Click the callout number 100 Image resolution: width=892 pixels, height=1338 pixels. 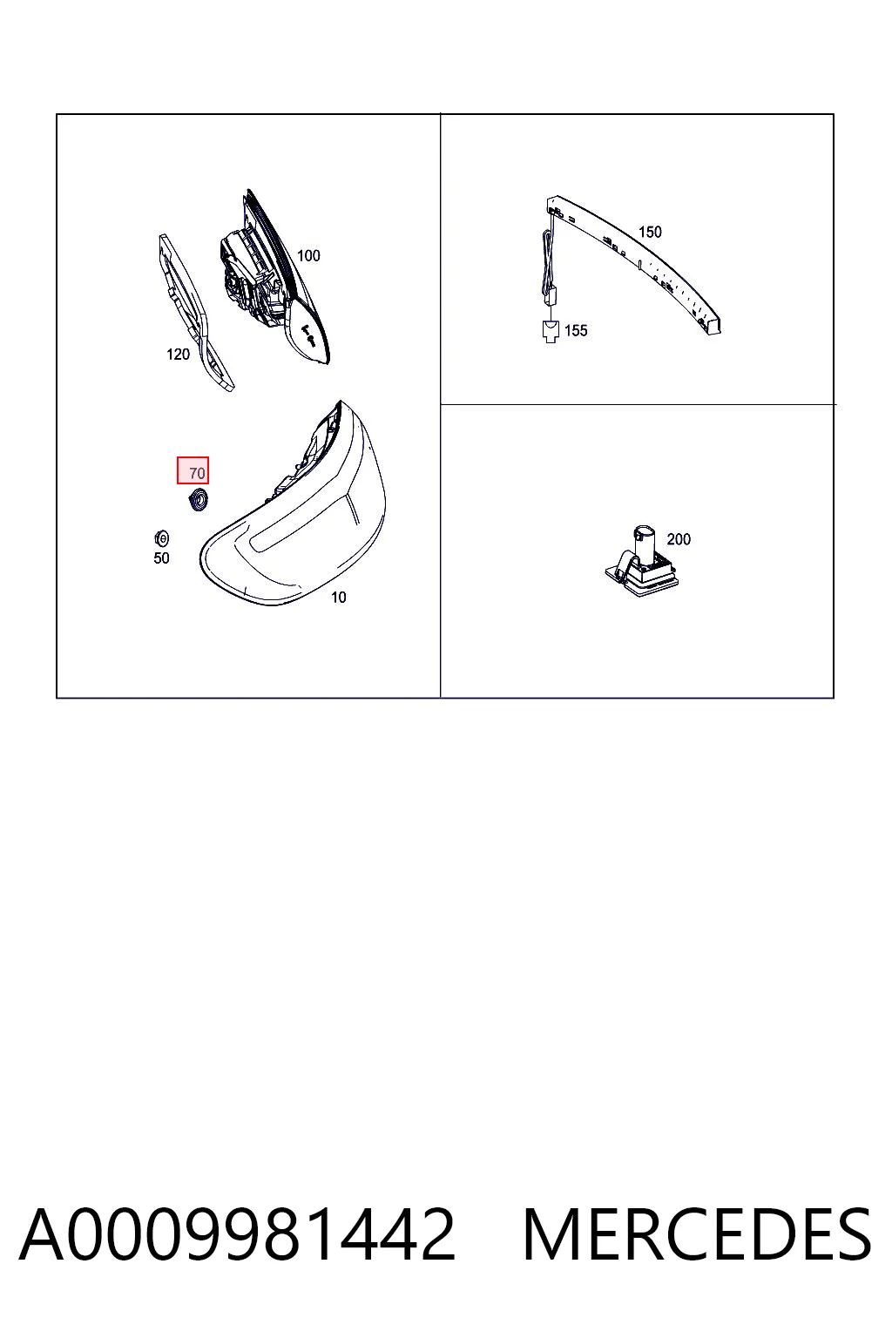(308, 255)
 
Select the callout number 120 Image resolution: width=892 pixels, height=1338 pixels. (178, 355)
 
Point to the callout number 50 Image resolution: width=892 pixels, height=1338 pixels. (161, 557)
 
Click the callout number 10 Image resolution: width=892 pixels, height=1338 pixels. (339, 598)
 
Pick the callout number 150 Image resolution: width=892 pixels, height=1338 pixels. (650, 232)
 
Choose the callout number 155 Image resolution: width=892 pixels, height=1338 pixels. (576, 330)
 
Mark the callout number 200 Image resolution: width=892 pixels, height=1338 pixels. (679, 539)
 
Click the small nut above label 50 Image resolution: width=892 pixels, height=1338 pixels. (161, 539)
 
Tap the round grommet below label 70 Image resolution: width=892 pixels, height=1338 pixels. (198, 500)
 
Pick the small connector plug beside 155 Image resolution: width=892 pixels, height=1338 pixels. (551, 332)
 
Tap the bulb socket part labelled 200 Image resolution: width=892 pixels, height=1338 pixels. (642, 562)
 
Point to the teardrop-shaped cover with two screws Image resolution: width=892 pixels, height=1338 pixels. (307, 332)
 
